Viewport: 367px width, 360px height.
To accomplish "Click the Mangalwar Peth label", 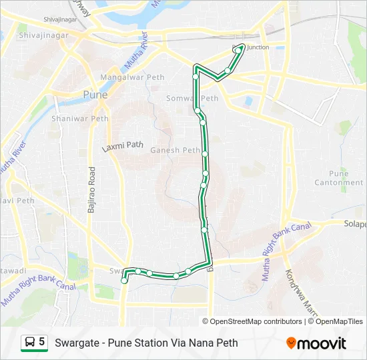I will (131, 77).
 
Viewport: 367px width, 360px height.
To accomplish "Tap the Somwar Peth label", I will (192, 99).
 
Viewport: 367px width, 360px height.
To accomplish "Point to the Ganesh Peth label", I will (175, 150).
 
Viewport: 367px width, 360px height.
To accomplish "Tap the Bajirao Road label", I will (92, 190).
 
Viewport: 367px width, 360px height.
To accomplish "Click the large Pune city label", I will (94, 95).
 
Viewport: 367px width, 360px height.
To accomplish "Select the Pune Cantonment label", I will (339, 178).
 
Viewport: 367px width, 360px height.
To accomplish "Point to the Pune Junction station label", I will (253, 47).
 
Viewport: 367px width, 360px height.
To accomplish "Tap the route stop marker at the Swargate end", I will (125, 281).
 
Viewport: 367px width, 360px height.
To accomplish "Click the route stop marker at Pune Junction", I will (238, 50).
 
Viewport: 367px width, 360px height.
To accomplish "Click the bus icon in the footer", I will (29, 343).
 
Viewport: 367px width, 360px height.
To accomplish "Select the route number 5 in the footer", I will (42, 343).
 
